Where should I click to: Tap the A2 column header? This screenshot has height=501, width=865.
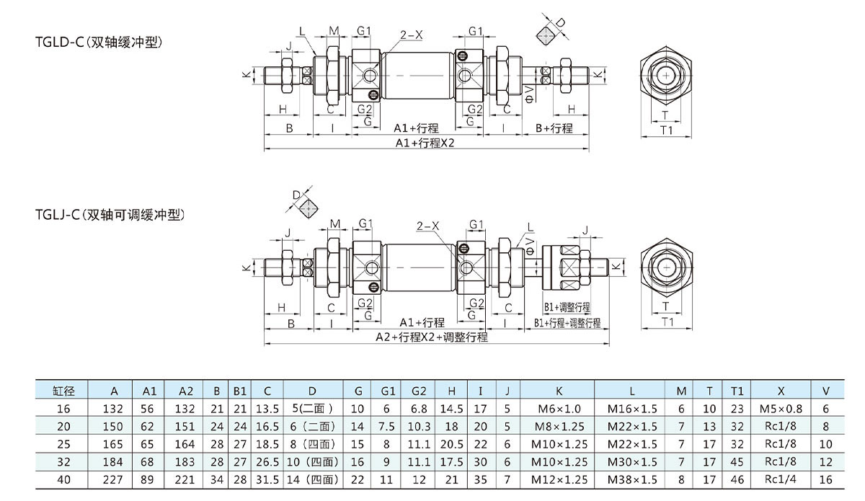pos(185,391)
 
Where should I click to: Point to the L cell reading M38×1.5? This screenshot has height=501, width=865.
pos(632,479)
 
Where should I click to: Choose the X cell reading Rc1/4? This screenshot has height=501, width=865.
pos(781,479)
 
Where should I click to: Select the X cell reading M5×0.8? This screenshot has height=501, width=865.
pos(781,409)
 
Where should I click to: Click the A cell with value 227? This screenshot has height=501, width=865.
pos(114,479)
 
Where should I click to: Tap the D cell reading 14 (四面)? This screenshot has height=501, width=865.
pos(311,479)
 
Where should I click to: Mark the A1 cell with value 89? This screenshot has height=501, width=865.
pos(149,479)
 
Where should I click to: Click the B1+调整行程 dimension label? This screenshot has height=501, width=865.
pos(567,306)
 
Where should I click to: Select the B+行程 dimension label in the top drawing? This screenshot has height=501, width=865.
pos(554,128)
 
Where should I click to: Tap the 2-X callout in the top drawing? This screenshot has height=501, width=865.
pos(412,33)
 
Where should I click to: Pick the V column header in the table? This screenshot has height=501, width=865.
pos(825,391)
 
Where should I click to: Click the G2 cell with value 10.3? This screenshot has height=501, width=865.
pos(420,426)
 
